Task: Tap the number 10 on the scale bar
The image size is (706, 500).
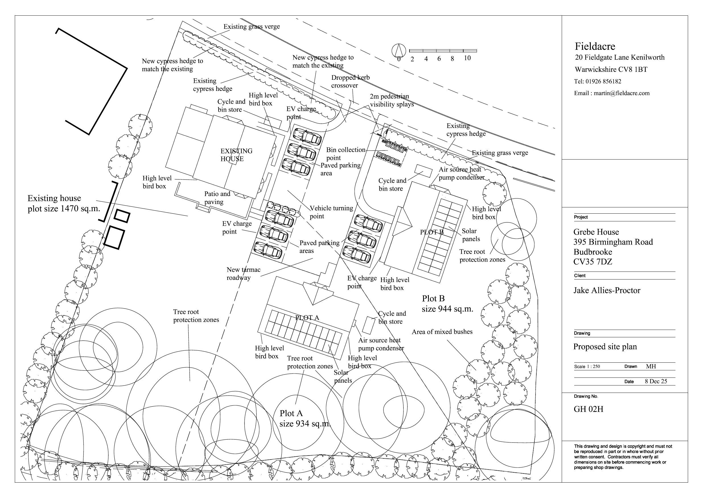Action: coord(467,58)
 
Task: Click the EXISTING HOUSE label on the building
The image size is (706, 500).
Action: coord(236,155)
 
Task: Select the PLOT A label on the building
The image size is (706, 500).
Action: coord(307,318)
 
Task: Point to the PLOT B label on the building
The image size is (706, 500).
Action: coord(432,232)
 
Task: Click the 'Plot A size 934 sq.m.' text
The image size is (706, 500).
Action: coord(304,419)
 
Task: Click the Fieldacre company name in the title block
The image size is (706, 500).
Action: coord(595,46)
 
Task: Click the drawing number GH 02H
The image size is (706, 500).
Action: coord(588,409)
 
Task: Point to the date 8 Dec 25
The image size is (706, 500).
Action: coord(656,381)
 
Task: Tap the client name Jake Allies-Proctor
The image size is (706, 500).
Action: coord(607,290)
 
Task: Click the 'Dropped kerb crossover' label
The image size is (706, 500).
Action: coord(350,81)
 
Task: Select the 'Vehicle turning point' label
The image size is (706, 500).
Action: coord(331,212)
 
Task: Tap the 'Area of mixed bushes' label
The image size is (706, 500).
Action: coord(442,332)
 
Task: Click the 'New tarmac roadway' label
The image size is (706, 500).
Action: coord(243,274)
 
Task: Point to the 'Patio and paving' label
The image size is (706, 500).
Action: coord(217,198)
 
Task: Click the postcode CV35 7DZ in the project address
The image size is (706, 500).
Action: coord(592,262)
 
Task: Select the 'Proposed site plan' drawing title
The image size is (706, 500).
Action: coord(605,347)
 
